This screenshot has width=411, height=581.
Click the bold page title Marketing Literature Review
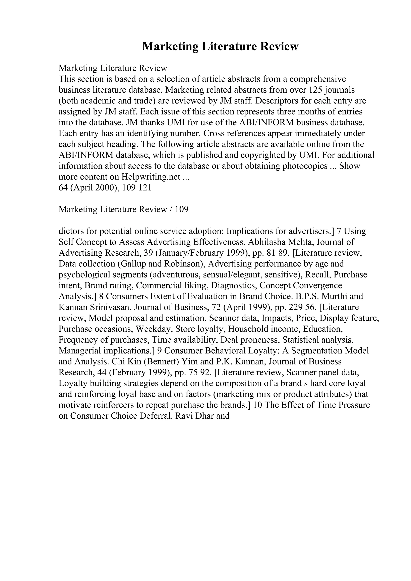220,47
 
